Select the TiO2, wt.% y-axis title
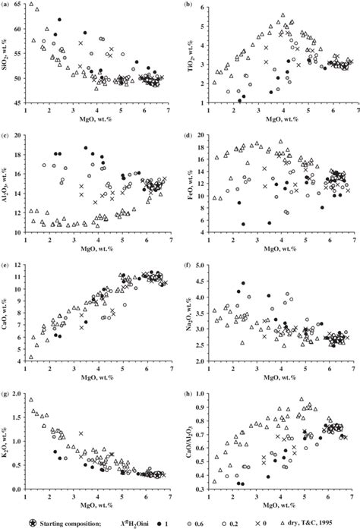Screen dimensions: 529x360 [x=191, y=59]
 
